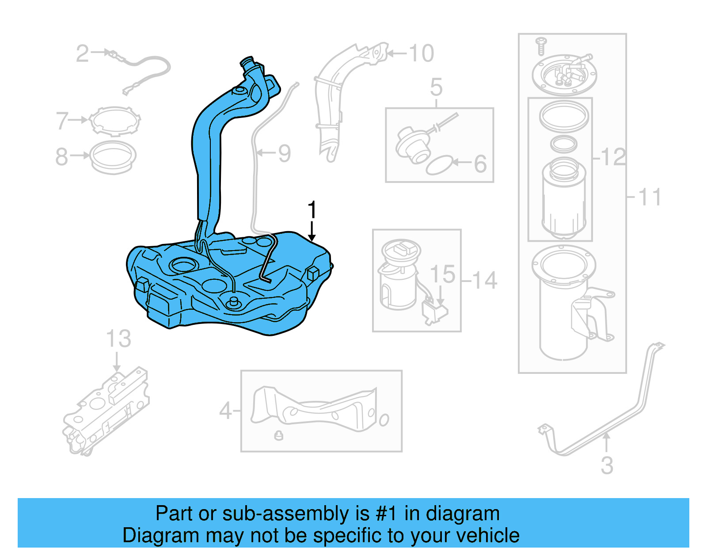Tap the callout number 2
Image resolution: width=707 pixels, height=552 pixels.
coord(82,54)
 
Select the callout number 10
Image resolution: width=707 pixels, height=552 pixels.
coord(421,53)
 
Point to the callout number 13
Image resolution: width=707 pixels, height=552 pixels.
coord(118,339)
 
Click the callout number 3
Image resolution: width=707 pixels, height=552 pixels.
coord(607,465)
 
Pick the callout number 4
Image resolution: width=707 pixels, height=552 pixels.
coord(225,411)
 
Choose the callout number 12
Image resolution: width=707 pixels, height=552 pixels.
coord(614,157)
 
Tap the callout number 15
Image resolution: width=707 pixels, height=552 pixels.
coord(442,274)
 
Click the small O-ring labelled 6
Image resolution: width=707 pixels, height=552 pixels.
coord(439,165)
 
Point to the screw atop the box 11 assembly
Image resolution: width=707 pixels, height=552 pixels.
coord(541,46)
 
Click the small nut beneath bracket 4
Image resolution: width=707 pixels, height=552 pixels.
coord(278,435)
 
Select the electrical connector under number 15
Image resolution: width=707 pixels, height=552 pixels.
coord(435,312)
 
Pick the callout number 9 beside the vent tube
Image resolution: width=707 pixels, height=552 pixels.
coord(284,153)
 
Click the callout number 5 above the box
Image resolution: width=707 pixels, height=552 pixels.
coord(436,87)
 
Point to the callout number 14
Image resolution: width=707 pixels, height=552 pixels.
coord(484,280)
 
